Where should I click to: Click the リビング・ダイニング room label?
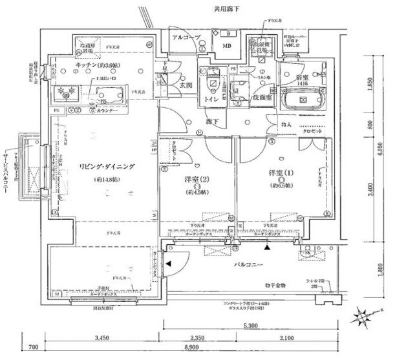[103, 167]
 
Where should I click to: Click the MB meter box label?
[228, 47]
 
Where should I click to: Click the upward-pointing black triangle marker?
[267, 247]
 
